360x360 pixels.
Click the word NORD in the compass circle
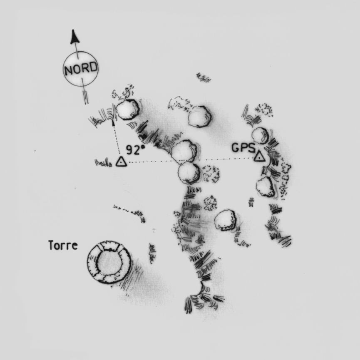(81, 68)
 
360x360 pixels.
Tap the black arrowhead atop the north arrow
(74, 37)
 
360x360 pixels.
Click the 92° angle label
(136, 150)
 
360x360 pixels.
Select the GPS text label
(243, 148)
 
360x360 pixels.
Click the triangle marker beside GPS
(259, 156)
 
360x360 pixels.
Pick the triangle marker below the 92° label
(121, 161)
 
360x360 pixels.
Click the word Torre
(63, 245)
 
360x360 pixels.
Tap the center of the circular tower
(109, 262)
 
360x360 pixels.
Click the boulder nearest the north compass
(127, 109)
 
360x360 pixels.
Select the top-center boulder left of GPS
(199, 117)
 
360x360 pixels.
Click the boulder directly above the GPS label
(261, 135)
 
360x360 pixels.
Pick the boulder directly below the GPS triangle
(266, 186)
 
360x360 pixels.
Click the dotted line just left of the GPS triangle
(230, 159)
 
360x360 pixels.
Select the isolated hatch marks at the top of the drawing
(204, 78)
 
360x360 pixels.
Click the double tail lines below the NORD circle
(85, 97)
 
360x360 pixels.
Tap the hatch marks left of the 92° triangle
(103, 163)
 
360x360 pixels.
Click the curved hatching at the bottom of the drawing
(202, 298)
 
